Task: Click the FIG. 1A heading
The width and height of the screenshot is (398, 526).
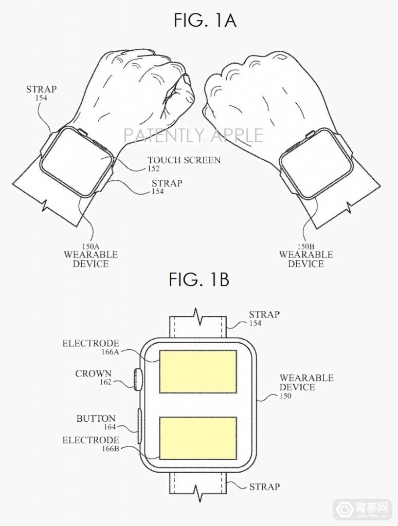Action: click(x=198, y=21)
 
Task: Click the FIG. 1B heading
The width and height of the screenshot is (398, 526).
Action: click(x=198, y=280)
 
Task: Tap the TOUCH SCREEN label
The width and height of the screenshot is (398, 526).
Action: click(x=184, y=160)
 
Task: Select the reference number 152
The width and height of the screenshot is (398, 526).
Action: click(x=153, y=168)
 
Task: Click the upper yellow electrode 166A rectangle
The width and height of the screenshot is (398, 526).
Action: click(x=198, y=371)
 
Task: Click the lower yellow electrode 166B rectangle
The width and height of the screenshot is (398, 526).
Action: click(x=198, y=438)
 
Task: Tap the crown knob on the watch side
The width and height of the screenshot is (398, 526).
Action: click(x=137, y=380)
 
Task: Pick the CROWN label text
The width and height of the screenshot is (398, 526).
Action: click(x=94, y=373)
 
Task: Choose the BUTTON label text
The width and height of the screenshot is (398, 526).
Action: click(x=96, y=419)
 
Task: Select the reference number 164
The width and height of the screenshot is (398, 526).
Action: click(x=109, y=427)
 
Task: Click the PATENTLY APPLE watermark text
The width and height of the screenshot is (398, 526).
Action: click(x=193, y=135)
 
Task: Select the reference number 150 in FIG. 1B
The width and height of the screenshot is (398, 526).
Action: click(x=286, y=396)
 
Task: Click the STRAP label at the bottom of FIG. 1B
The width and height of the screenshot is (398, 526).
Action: click(x=264, y=486)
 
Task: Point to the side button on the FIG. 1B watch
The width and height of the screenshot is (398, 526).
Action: click(x=139, y=425)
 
